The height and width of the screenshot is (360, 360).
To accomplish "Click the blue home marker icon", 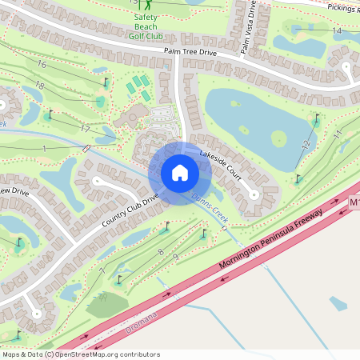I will click(x=180, y=173).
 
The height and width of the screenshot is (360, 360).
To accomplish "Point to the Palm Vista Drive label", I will click(x=246, y=26).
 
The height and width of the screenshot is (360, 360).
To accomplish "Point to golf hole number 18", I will click(x=39, y=86).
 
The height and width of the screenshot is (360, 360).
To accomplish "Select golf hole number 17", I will click(x=84, y=129).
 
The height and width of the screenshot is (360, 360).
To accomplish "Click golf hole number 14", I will click(x=337, y=30).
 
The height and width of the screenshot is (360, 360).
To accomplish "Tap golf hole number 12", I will click(x=306, y=144).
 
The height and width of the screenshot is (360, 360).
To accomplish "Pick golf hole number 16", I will click(x=41, y=63).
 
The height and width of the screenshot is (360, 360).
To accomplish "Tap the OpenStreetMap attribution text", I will click(x=80, y=354).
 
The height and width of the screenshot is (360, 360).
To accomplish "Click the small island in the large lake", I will click(x=278, y=139).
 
